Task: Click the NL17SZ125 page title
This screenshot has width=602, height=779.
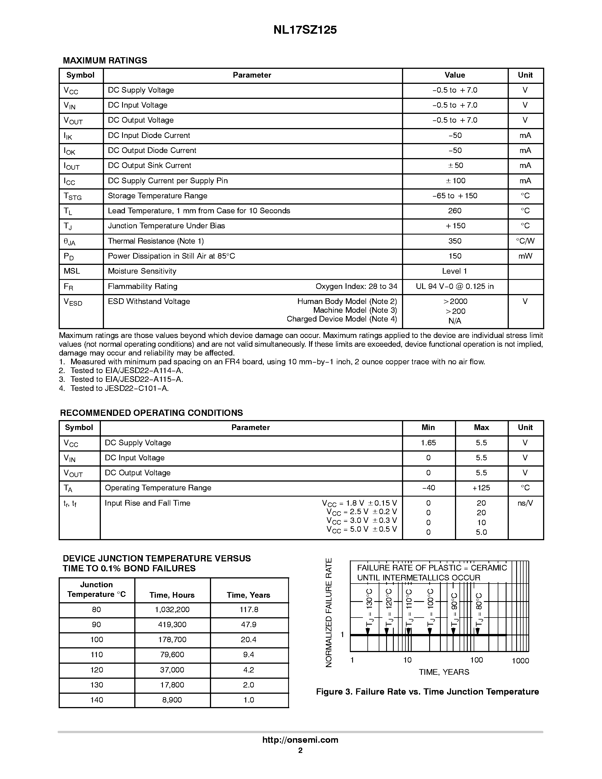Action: [x=305, y=30]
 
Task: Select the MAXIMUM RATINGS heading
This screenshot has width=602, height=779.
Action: [x=105, y=60]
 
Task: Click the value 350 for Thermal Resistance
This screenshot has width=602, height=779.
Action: [x=455, y=241]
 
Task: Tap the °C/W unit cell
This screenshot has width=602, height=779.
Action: [x=525, y=241]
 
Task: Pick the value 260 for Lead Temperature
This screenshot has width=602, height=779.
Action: [x=455, y=211]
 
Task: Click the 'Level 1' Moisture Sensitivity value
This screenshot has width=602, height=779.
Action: [x=454, y=271]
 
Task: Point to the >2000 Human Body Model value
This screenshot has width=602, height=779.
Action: [x=455, y=301]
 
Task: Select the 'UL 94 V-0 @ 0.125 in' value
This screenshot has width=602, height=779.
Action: [x=455, y=286]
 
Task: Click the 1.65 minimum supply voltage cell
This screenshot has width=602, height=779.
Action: [x=428, y=443]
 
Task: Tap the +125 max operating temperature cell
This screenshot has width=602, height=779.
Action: [x=481, y=488]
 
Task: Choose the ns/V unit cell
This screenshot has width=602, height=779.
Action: [x=525, y=503]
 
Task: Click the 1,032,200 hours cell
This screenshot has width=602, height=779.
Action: [x=172, y=610]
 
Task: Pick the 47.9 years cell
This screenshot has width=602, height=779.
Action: [x=248, y=625]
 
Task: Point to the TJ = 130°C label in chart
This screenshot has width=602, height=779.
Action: [x=369, y=607]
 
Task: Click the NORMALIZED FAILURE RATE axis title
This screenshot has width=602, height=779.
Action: [x=329, y=612]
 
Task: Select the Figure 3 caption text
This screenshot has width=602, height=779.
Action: [x=427, y=692]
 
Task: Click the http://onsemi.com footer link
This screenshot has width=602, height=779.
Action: [x=300, y=740]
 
